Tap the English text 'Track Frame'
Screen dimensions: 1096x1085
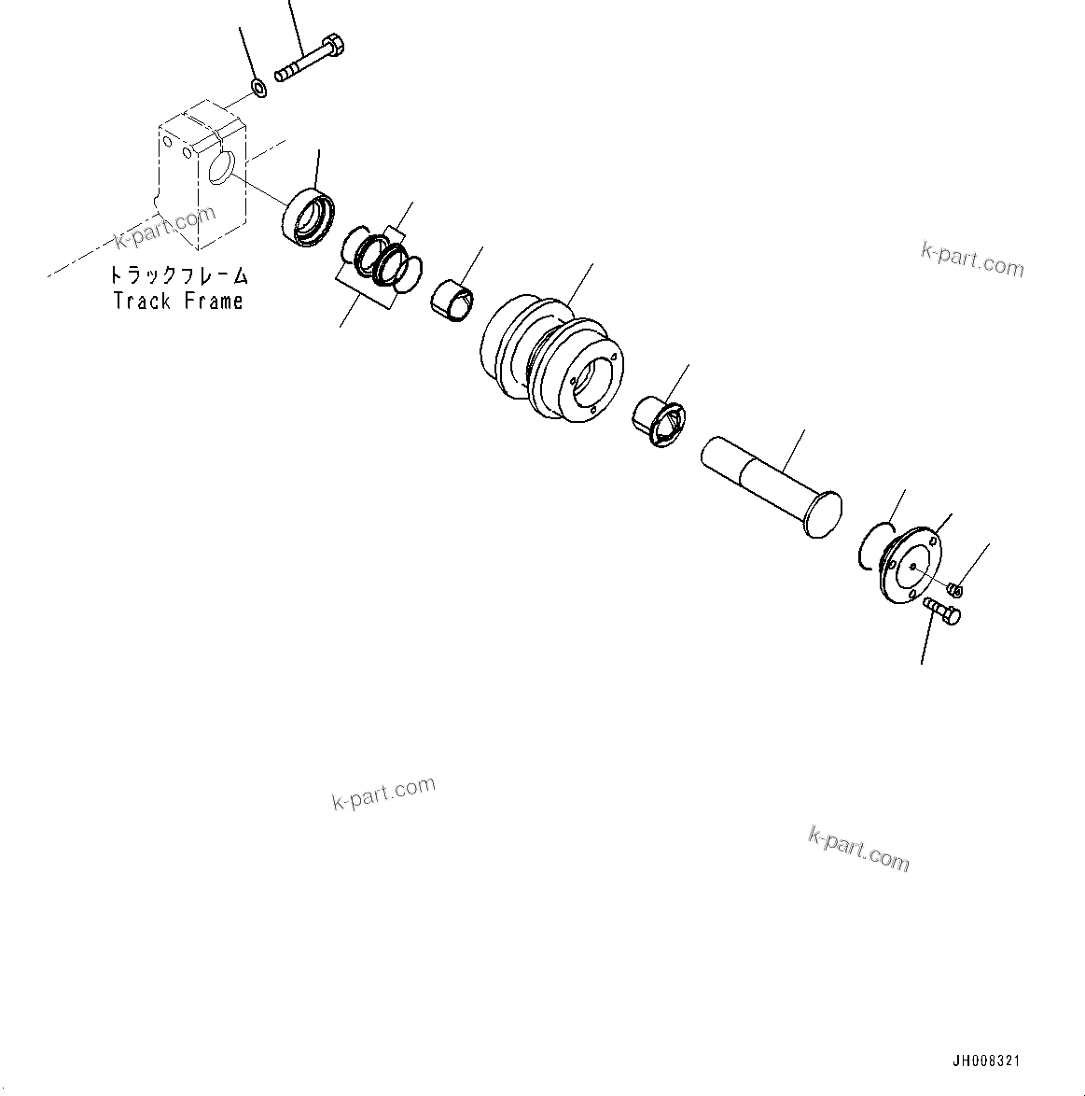[178, 301]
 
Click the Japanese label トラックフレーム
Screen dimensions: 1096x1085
[178, 276]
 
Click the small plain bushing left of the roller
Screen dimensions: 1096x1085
[453, 300]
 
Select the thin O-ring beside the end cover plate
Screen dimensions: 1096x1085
[874, 547]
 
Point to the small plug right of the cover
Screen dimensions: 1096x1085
[954, 589]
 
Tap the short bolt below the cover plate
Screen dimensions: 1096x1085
[942, 612]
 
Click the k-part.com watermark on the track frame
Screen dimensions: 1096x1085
[165, 230]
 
